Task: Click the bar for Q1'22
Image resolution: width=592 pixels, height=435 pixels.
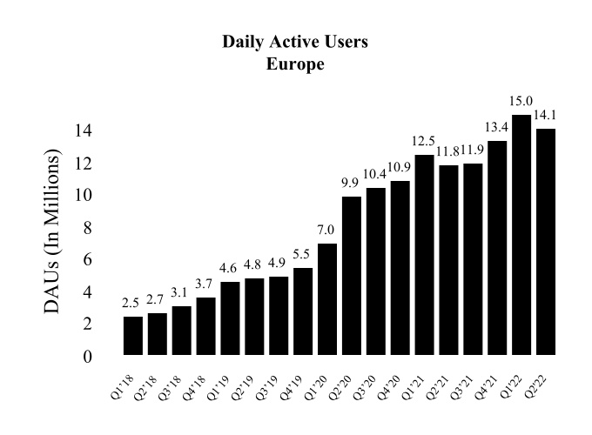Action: click(521, 235)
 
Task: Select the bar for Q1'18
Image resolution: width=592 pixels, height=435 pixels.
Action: click(133, 335)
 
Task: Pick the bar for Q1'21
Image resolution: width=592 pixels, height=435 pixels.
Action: click(425, 254)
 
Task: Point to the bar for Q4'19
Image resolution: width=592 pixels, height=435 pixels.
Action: click(303, 311)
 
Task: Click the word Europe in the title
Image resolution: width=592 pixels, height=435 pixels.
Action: click(295, 63)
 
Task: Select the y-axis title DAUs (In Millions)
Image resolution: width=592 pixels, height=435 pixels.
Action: click(56, 232)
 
